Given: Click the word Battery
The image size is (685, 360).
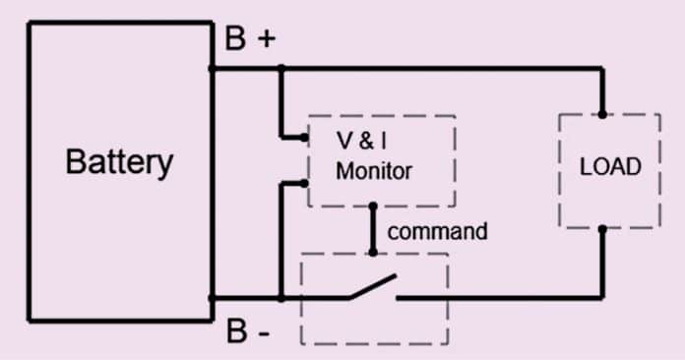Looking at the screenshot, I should tap(119, 161).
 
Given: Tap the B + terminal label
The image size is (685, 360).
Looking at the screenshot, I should tap(250, 39).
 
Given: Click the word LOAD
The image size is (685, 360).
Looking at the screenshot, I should tap(610, 166).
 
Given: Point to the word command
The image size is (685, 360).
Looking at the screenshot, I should tap(437, 232).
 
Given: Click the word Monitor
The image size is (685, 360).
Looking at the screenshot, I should tap(374, 170).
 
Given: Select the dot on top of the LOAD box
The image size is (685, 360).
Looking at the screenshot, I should tap(601, 114).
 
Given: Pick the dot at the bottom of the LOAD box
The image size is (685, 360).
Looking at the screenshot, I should tap(601, 228).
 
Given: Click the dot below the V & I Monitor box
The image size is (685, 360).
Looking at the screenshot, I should tap(372, 207).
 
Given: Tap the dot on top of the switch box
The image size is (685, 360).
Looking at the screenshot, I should tap(372, 253).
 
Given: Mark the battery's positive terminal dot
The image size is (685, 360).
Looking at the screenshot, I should tap(213, 69).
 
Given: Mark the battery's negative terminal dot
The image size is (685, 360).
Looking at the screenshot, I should tap(213, 297).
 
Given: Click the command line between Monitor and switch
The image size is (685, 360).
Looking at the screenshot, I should tap(372, 229).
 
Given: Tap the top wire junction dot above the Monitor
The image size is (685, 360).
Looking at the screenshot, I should tap(280, 69).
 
